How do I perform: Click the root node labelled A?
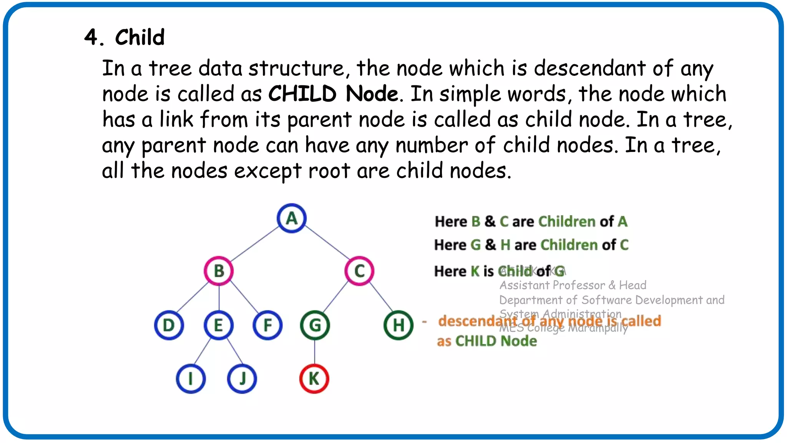292,218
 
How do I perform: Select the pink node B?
219,271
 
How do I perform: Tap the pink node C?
359,271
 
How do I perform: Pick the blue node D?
169,325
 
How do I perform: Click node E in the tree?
219,325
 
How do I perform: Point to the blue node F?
267,325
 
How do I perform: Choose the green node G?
315,325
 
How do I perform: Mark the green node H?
398,325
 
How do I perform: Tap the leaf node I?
191,379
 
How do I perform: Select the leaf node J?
242,379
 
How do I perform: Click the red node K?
314,379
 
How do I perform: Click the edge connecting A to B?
255,245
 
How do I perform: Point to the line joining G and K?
315,352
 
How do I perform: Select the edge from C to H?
381,297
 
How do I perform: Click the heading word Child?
140,37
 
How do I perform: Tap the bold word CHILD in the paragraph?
302,94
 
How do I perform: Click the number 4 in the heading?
91,37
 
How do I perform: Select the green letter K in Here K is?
475,271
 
